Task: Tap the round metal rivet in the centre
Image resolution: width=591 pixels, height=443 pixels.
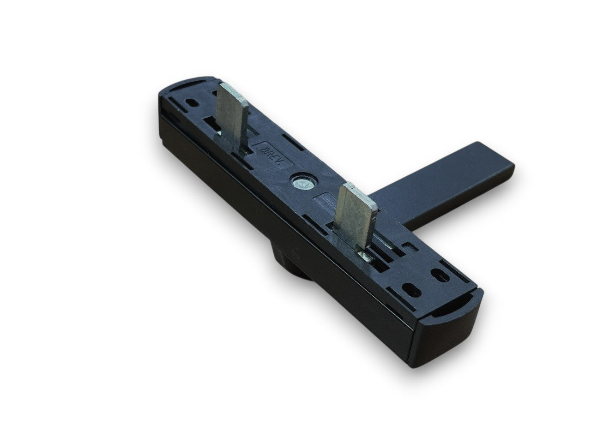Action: coord(303,183)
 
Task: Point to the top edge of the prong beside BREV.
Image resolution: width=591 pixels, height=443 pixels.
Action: coord(234,93)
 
